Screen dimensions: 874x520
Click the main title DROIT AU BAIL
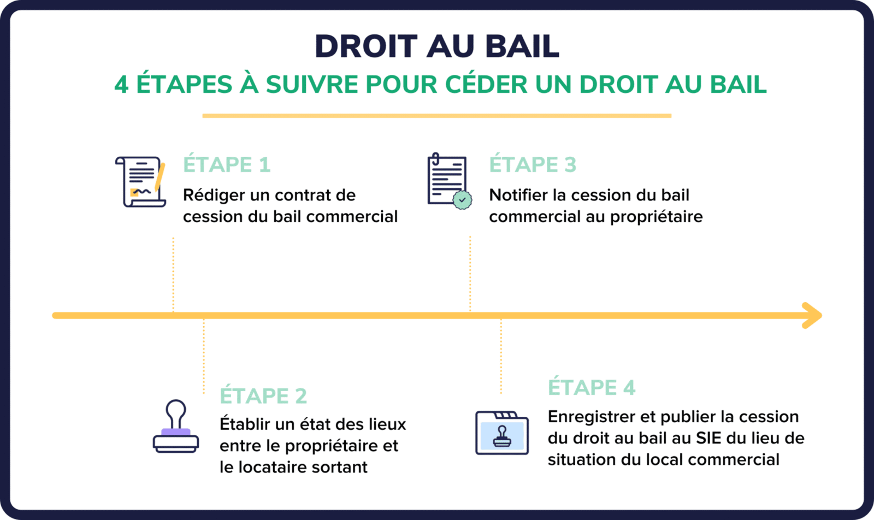[x=437, y=46]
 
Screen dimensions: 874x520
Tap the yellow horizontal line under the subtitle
[x=436, y=116]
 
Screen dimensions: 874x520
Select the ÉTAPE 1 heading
[x=227, y=164]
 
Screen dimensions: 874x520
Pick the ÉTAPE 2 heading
[x=263, y=395]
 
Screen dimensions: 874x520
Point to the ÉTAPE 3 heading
[x=533, y=164]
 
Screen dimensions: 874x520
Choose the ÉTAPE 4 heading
[x=592, y=387]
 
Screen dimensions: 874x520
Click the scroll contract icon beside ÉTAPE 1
[x=140, y=181]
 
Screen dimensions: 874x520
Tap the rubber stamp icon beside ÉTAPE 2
[x=175, y=426]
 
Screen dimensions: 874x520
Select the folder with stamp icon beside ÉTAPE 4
[x=502, y=433]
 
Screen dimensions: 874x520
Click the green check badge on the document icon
[x=462, y=200]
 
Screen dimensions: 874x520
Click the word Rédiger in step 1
[x=214, y=196]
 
